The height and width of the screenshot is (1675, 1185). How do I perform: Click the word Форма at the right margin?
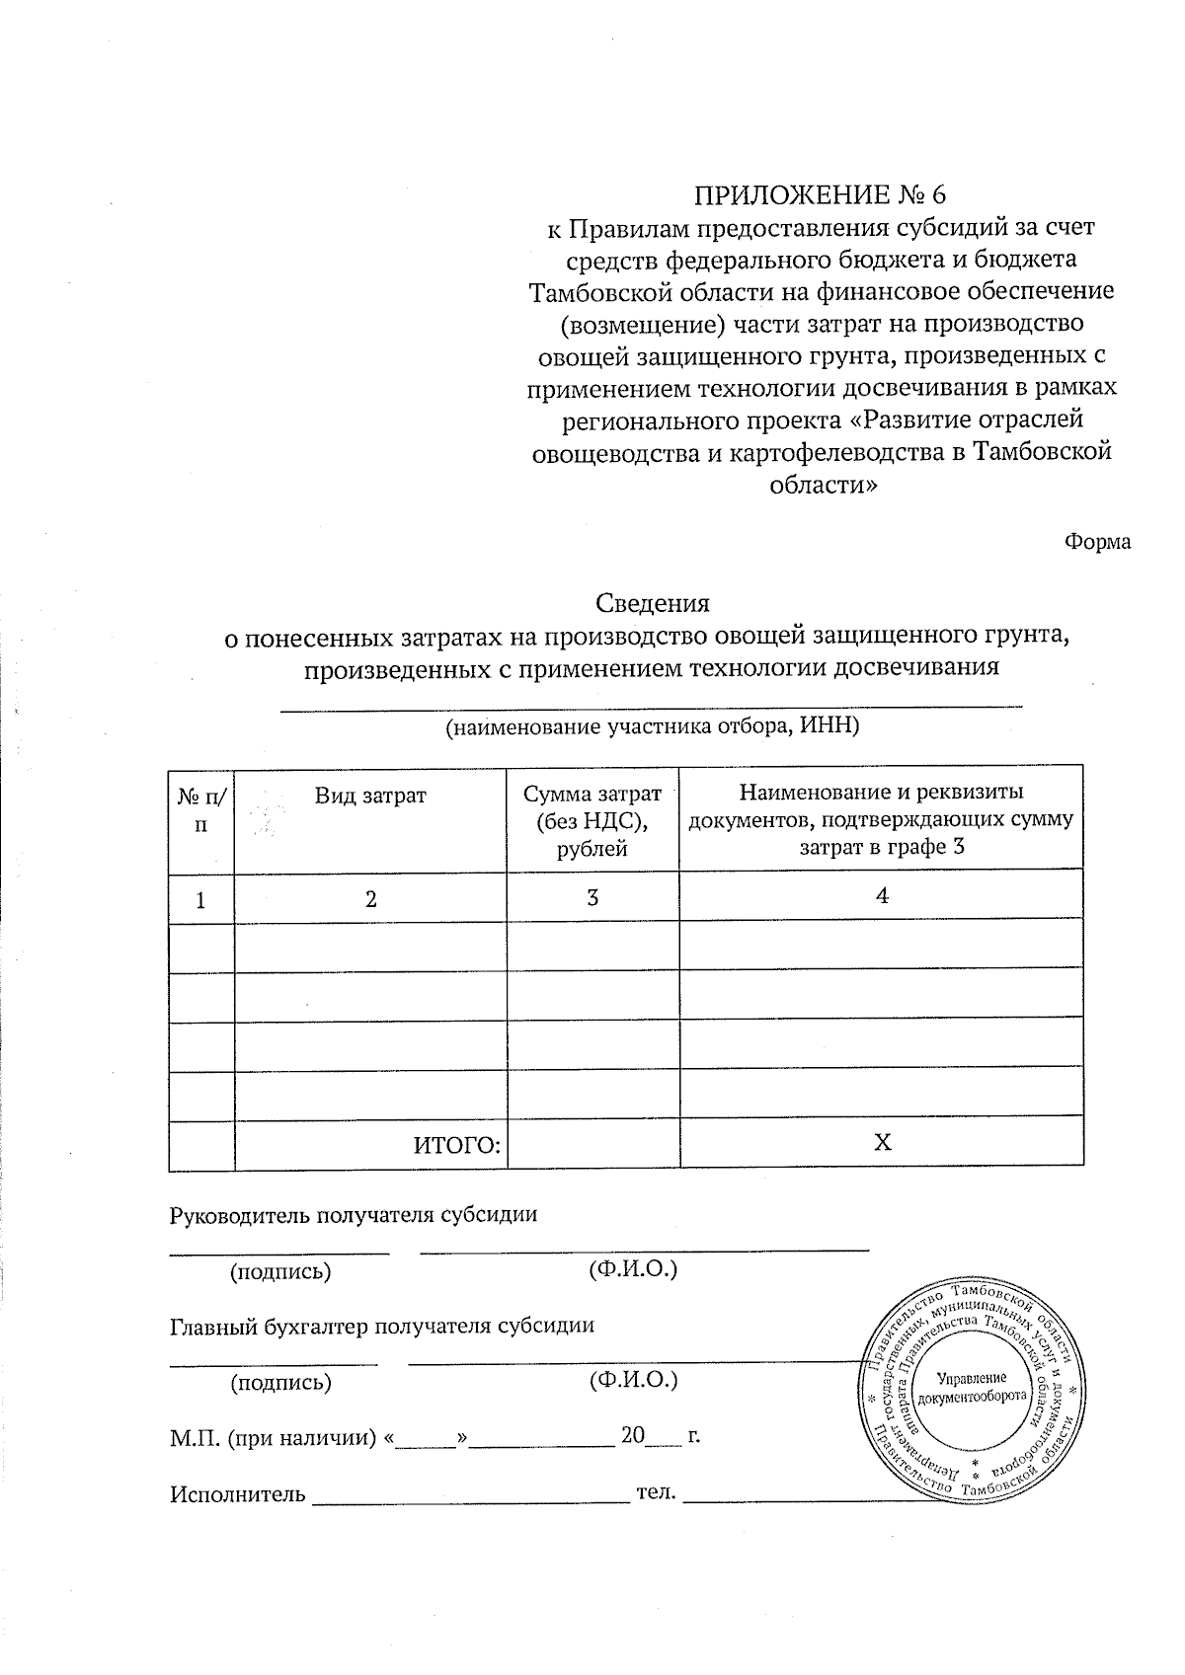click(1097, 542)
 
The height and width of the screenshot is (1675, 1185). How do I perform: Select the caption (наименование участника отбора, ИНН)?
click(652, 727)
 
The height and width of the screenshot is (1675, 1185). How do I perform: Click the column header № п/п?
click(201, 809)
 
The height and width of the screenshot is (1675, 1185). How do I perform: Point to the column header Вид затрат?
click(370, 796)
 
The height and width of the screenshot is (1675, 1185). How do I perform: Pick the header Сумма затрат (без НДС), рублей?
click(592, 820)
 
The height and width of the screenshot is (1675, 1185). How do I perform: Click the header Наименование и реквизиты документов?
click(881, 819)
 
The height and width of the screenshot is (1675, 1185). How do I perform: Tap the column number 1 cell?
click(201, 900)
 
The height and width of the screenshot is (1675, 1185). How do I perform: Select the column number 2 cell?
click(370, 900)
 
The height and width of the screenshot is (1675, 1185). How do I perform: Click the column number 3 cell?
click(592, 898)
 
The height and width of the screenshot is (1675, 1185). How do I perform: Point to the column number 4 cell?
click(882, 896)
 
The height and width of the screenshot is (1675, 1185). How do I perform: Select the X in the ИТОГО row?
click(882, 1143)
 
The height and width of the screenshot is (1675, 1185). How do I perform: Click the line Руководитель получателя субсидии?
click(354, 1215)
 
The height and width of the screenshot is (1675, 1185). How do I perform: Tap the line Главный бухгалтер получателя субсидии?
click(382, 1326)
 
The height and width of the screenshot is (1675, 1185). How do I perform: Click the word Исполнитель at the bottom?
click(237, 1493)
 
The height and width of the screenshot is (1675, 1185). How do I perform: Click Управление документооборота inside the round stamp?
click(972, 1388)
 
